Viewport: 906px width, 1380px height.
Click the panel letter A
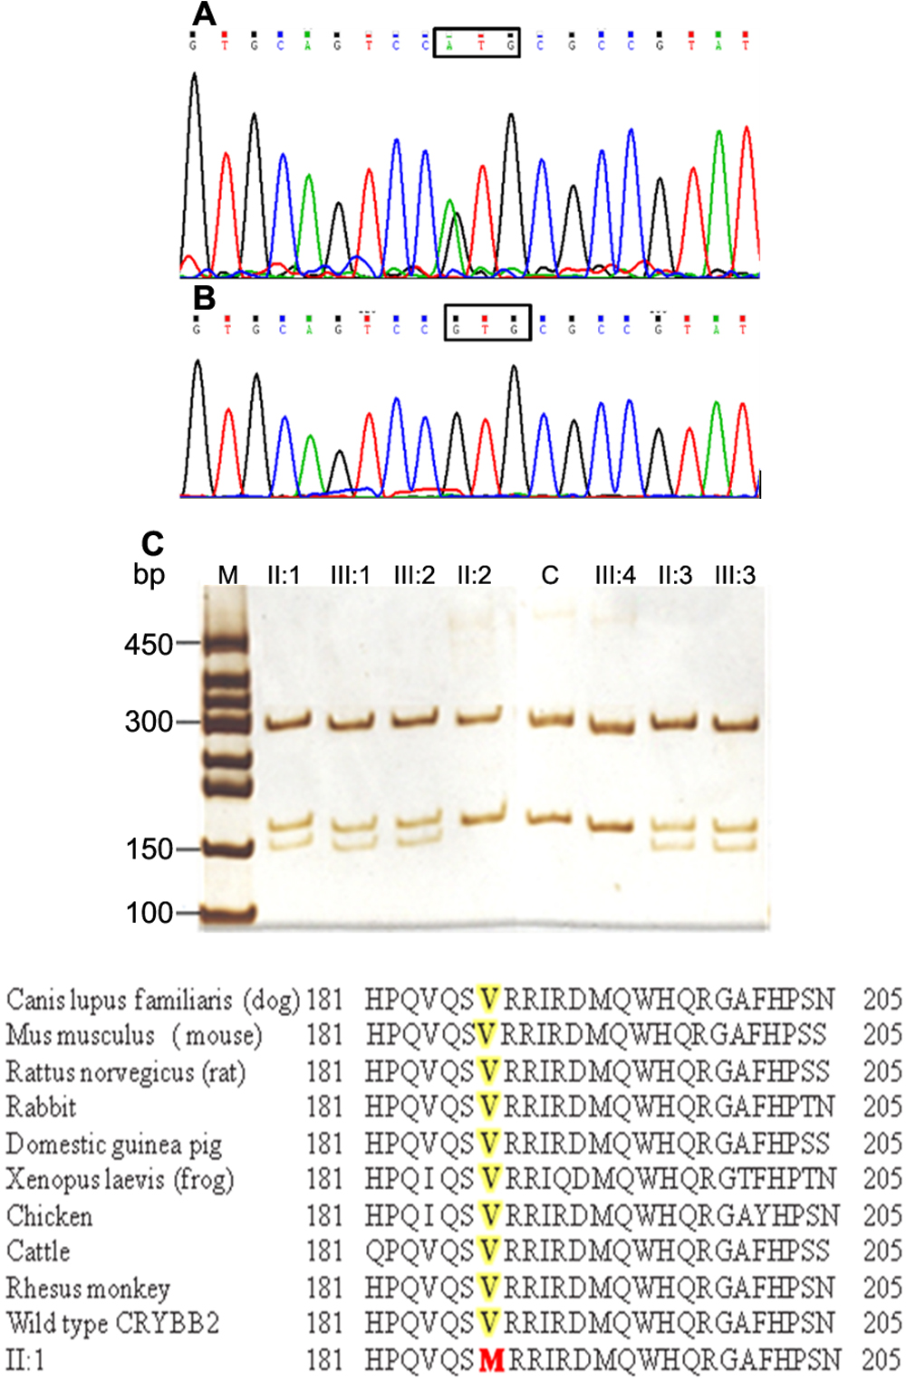pyautogui.click(x=205, y=14)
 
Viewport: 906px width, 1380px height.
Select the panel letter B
pyautogui.click(x=205, y=297)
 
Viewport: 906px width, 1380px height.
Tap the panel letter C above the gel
pyautogui.click(x=152, y=543)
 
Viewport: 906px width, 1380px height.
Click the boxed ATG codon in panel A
pyautogui.click(x=477, y=42)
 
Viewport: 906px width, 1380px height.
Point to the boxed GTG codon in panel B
pyautogui.click(x=487, y=323)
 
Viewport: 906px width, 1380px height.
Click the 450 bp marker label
pyautogui.click(x=149, y=644)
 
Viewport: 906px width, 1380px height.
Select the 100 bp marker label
pyautogui.click(x=149, y=912)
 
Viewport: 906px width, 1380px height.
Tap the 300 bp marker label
pyautogui.click(x=149, y=722)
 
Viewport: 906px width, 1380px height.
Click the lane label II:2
pyautogui.click(x=474, y=575)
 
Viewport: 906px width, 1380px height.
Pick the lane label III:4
pyautogui.click(x=615, y=575)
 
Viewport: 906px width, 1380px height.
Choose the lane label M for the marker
pyautogui.click(x=227, y=575)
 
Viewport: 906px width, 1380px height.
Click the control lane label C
pyautogui.click(x=550, y=575)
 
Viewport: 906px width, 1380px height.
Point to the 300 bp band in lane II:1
pyautogui.click(x=288, y=722)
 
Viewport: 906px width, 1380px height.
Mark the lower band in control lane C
pyautogui.click(x=550, y=818)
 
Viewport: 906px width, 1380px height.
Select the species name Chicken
pyautogui.click(x=50, y=1216)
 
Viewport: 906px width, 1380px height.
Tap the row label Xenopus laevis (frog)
pyautogui.click(x=120, y=1179)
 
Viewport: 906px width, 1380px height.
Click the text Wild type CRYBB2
pyautogui.click(x=113, y=1324)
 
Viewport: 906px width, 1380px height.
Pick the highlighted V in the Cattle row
pyautogui.click(x=488, y=1251)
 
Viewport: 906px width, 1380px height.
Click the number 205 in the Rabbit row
pyautogui.click(x=882, y=1107)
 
